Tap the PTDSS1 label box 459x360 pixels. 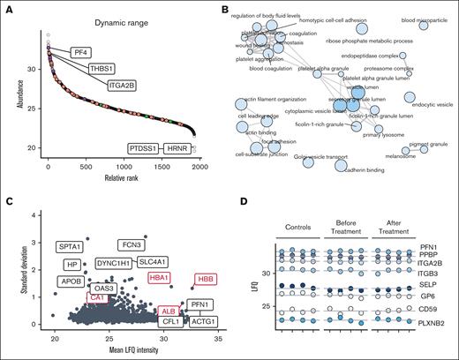(146, 148)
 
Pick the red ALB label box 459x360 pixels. (166, 311)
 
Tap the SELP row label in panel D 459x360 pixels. (430, 286)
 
